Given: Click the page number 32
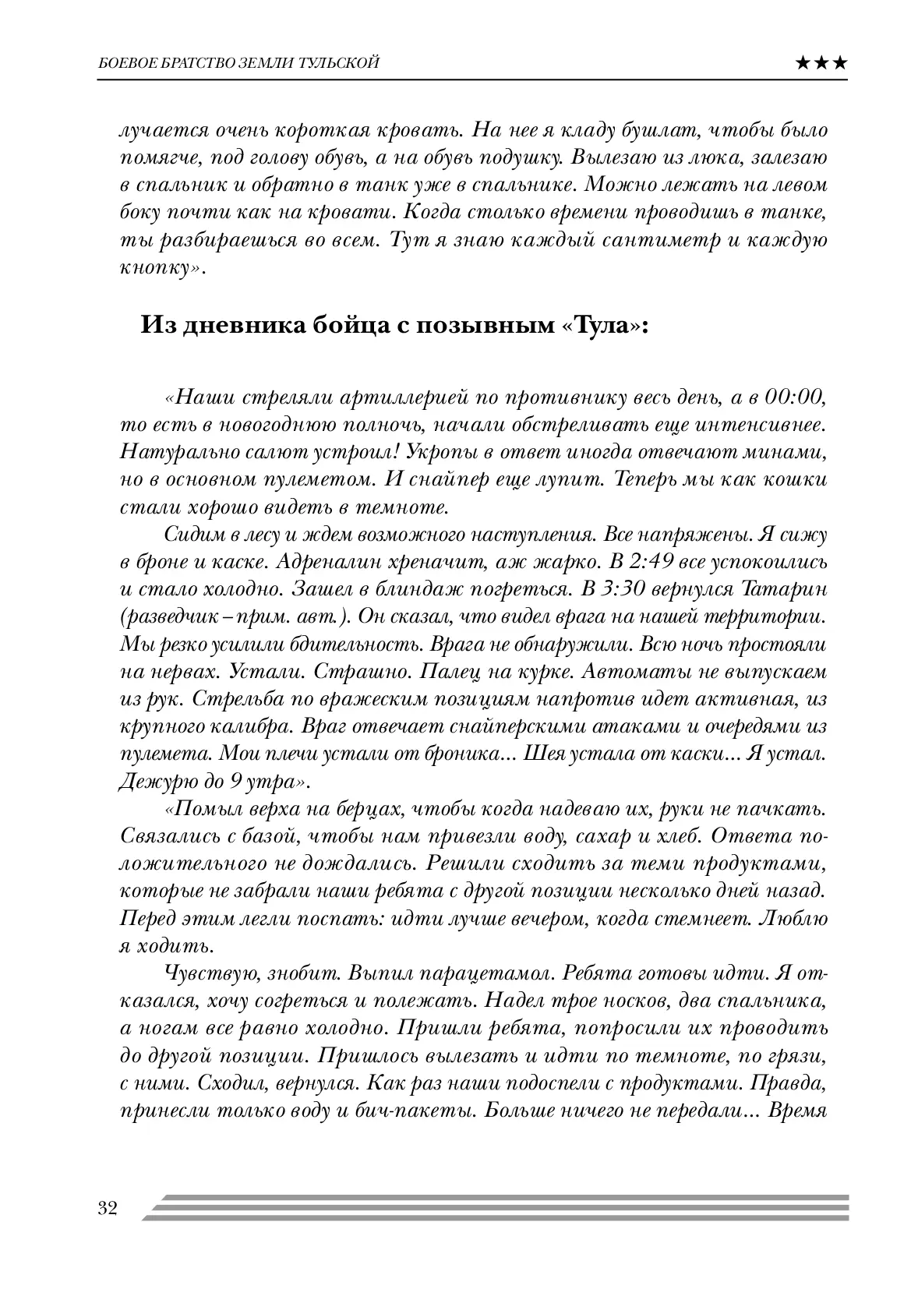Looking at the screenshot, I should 107,1209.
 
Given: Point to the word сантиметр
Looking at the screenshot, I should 654,239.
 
